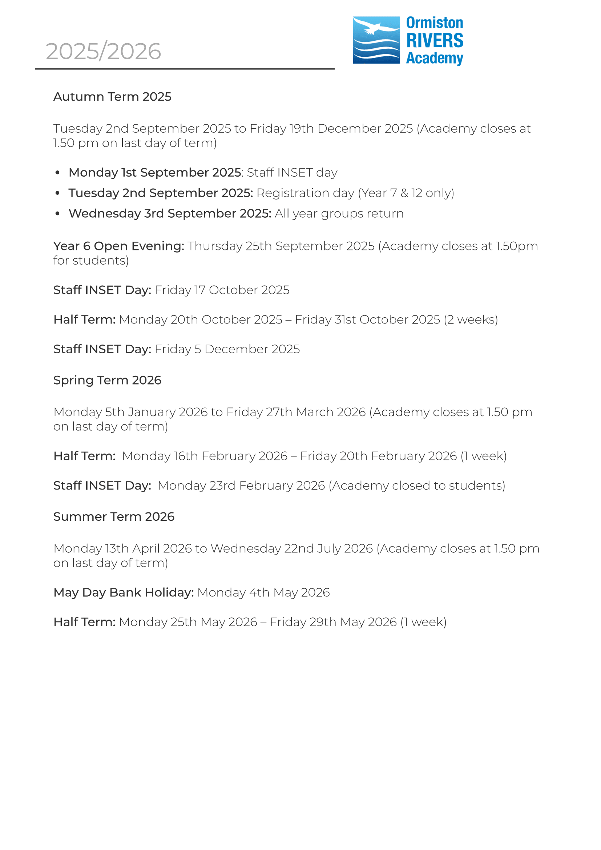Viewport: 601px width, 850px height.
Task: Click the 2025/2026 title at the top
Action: pyautogui.click(x=103, y=51)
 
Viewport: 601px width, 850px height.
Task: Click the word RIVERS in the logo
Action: pyautogui.click(x=435, y=40)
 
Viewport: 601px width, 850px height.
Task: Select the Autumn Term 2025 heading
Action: pyautogui.click(x=112, y=97)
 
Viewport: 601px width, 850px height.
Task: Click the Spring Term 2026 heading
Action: pyautogui.click(x=107, y=380)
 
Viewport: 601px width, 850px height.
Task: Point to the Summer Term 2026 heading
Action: pyautogui.click(x=114, y=516)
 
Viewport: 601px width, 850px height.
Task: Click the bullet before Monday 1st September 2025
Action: pyautogui.click(x=57, y=173)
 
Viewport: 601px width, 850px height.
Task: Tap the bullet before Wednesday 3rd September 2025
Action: pyautogui.click(x=57, y=214)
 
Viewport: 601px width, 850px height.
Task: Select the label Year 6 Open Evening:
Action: pyautogui.click(x=118, y=246)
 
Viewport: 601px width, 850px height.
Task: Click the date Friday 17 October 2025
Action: pyautogui.click(x=222, y=290)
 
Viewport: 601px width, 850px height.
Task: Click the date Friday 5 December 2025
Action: pyautogui.click(x=227, y=349)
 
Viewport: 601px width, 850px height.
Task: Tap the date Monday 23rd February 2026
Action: pyautogui.click(x=241, y=486)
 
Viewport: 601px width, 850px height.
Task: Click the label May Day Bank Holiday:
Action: pyautogui.click(x=124, y=592)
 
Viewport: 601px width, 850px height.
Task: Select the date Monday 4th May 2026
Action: pyautogui.click(x=263, y=592)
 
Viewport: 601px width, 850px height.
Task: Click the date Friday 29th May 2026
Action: pyautogui.click(x=333, y=622)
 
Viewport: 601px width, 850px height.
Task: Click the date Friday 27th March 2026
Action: pyautogui.click(x=296, y=412)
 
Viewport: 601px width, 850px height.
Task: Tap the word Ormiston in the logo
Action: pyautogui.click(x=435, y=23)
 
